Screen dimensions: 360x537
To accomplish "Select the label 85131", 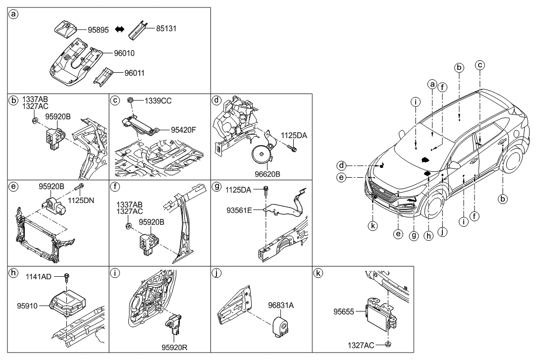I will point(166,29).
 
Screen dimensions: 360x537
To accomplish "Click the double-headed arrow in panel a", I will point(119,30).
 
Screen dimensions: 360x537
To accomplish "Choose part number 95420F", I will point(184,130).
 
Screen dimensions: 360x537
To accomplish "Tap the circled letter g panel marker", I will point(216,187).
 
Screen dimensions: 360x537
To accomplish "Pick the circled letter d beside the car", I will point(341,165).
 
